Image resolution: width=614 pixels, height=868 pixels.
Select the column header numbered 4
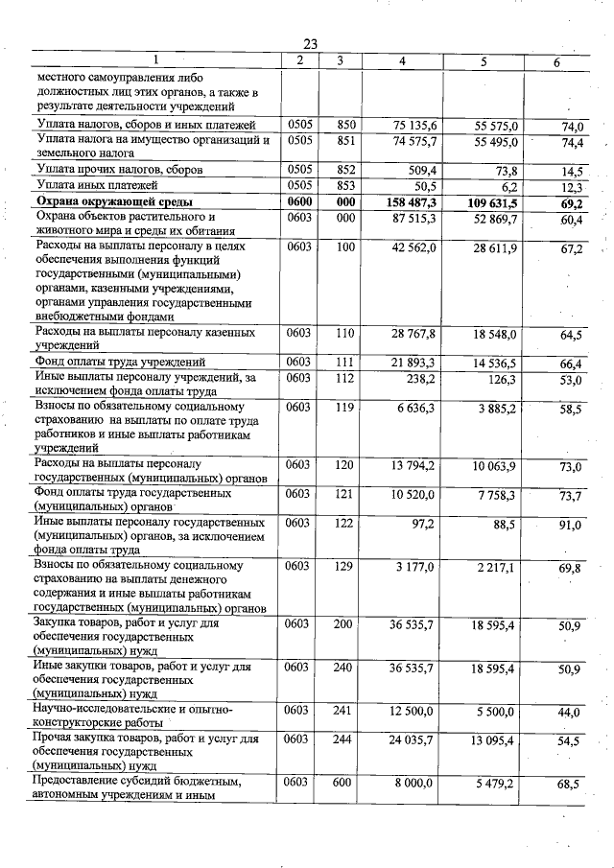(402, 62)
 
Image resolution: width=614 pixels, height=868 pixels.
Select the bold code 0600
(298, 202)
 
